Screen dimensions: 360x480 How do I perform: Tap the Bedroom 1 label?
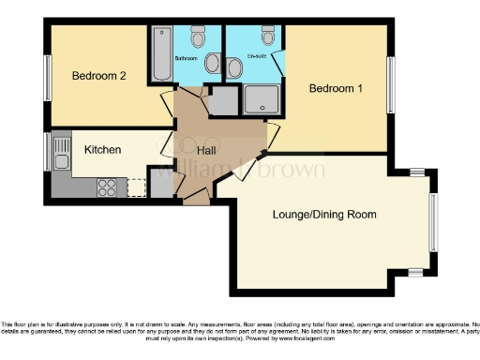[336, 89]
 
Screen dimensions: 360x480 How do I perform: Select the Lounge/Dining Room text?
[324, 215]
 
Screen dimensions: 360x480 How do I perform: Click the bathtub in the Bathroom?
[160, 55]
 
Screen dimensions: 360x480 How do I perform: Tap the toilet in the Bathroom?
[197, 37]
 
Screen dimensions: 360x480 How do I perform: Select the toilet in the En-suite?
[269, 37]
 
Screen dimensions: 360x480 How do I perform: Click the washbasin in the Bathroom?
[212, 65]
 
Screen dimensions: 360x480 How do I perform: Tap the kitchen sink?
[62, 152]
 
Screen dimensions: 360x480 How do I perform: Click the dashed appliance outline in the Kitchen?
[137, 186]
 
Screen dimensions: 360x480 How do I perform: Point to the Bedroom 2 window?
[47, 78]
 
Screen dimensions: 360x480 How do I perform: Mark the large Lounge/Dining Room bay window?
[432, 222]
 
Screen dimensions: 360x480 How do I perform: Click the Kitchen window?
[47, 152]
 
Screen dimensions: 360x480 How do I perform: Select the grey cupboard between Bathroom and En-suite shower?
[223, 100]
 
